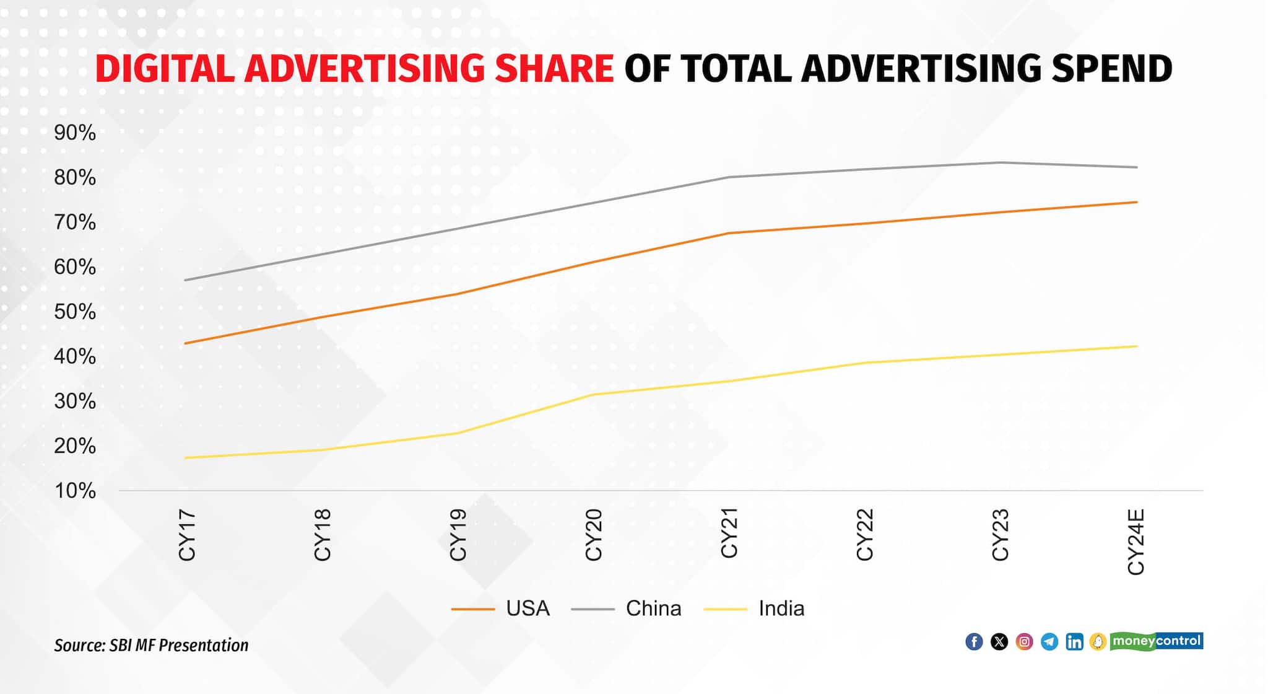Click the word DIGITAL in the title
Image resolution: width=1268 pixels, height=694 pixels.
[165, 68]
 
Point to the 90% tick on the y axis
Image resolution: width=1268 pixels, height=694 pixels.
[75, 133]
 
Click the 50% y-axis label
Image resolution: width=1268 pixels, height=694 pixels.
[75, 312]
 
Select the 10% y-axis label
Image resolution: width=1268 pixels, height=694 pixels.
[75, 491]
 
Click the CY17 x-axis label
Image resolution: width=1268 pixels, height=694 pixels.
[187, 535]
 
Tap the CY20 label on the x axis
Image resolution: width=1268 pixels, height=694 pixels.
[593, 535]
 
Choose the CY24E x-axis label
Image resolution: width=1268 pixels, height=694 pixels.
[1136, 542]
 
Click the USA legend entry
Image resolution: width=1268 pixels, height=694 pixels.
[527, 608]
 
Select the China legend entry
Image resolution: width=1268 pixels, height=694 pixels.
[653, 608]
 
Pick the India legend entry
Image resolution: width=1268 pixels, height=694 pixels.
[781, 608]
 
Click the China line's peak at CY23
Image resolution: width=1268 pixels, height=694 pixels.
[1001, 162]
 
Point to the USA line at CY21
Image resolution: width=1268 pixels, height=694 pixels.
[729, 233]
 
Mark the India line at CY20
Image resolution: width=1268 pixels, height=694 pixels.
[593, 394]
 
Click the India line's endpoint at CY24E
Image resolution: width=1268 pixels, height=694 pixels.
[1137, 346]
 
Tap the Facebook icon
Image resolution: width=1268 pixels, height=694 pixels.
[974, 642]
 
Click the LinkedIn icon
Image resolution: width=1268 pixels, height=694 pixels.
[1074, 642]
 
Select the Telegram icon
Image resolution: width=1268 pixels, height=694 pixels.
[1049, 642]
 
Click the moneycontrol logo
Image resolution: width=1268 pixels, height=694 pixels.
[1156, 641]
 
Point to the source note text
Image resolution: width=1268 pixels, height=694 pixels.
[151, 646]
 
